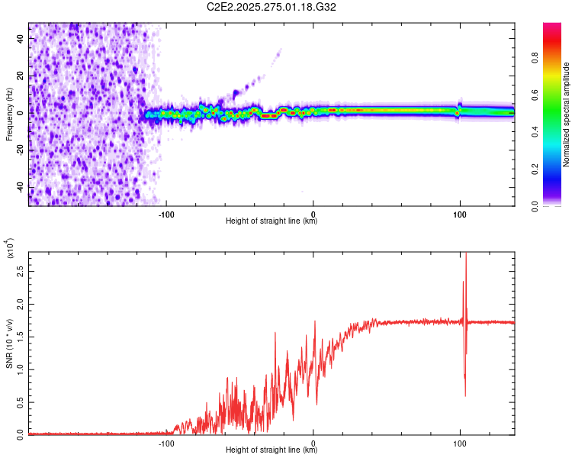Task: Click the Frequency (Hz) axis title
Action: (x=9, y=114)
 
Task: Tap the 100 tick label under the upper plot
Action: (x=459, y=214)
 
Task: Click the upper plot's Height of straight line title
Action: (x=272, y=221)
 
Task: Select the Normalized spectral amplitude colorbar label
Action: (x=567, y=114)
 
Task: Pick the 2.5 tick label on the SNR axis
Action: (x=21, y=272)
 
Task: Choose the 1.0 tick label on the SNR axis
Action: (x=21, y=369)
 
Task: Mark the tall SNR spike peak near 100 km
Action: (x=465, y=255)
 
